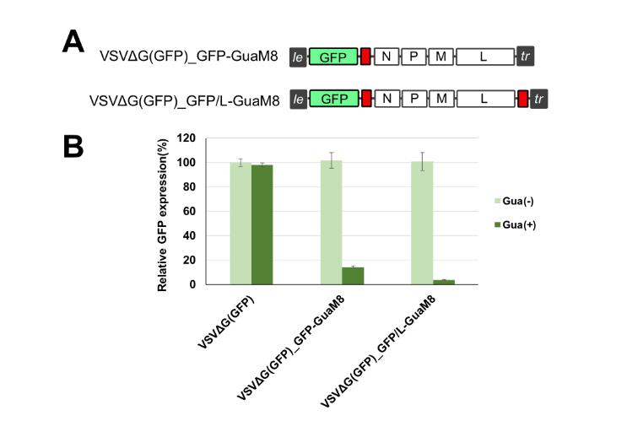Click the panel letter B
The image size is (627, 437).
(x=75, y=145)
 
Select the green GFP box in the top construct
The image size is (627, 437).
(x=333, y=57)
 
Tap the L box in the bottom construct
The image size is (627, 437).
(x=484, y=100)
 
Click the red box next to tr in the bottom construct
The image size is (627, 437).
(x=523, y=100)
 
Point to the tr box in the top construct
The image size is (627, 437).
(x=526, y=57)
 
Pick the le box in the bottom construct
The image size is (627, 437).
(x=298, y=100)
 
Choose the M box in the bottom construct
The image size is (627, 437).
(x=441, y=100)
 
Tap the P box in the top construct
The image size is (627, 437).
(x=413, y=57)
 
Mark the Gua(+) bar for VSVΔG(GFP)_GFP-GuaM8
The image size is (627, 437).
(x=353, y=276)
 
